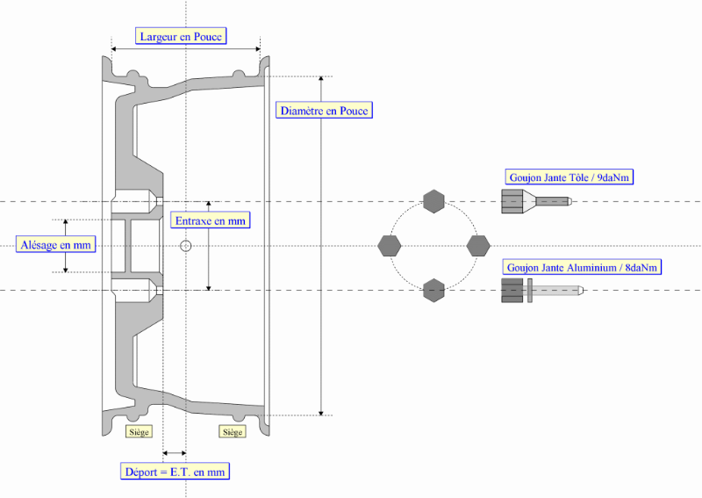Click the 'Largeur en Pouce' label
(x=182, y=36)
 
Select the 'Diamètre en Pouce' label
(x=324, y=111)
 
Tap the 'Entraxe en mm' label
(x=210, y=220)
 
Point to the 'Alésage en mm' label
(x=56, y=245)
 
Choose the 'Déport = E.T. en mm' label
(x=175, y=472)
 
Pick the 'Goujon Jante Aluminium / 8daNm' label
(x=582, y=267)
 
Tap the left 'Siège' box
(x=140, y=431)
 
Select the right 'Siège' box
(x=232, y=431)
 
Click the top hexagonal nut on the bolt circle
(x=433, y=201)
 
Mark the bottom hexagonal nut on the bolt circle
(x=433, y=290)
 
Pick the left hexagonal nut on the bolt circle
(x=389, y=246)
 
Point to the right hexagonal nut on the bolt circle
(x=478, y=246)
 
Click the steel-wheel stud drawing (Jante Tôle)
(x=535, y=202)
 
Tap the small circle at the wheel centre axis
(x=185, y=246)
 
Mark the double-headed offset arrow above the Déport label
(x=175, y=453)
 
